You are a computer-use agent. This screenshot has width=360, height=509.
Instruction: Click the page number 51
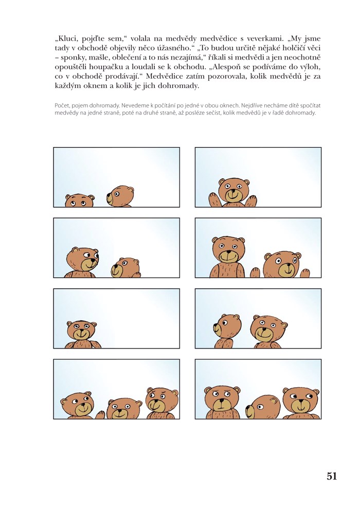pos(332,476)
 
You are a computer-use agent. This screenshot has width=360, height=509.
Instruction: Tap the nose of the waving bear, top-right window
pos(233,192)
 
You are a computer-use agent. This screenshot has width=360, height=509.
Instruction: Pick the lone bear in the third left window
pos(82,335)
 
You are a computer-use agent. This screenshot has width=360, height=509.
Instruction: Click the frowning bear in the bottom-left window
pos(161,403)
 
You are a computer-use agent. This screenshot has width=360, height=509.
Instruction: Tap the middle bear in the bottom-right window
pos(263,407)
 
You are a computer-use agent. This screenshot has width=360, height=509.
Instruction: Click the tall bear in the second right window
pos(227,257)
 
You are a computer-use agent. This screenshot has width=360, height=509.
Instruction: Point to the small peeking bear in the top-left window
pos(80,201)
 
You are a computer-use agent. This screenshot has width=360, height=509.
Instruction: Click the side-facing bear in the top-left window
pos(120,196)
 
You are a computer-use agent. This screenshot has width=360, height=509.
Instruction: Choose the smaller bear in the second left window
pos(126,268)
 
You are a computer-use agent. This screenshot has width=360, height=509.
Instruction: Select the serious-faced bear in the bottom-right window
pos(222,403)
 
